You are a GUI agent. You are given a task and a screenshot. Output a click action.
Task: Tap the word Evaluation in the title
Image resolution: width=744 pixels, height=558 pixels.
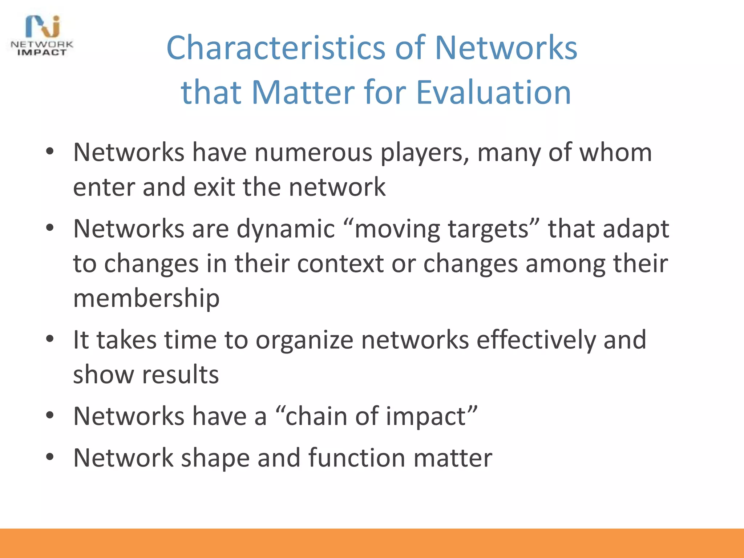tap(493, 92)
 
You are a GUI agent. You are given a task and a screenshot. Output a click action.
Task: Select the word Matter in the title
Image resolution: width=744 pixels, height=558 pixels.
tap(303, 92)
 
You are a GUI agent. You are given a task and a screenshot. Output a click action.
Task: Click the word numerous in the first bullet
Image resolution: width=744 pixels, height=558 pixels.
tap(313, 152)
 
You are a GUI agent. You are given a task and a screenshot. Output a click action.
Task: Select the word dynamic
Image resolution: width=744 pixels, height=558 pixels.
tap(286, 229)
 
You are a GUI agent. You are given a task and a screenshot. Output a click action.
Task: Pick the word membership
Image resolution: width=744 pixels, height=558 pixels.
tap(146, 298)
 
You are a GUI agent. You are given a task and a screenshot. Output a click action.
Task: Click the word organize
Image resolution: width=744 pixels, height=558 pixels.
tap(304, 340)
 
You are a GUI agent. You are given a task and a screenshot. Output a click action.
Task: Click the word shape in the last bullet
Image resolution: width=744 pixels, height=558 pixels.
tap(215, 458)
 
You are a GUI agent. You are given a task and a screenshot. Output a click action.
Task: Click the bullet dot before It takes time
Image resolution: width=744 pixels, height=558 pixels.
tap(50, 339)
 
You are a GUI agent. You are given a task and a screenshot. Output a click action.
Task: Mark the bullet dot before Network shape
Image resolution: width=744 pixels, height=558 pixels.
tap(50, 457)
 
